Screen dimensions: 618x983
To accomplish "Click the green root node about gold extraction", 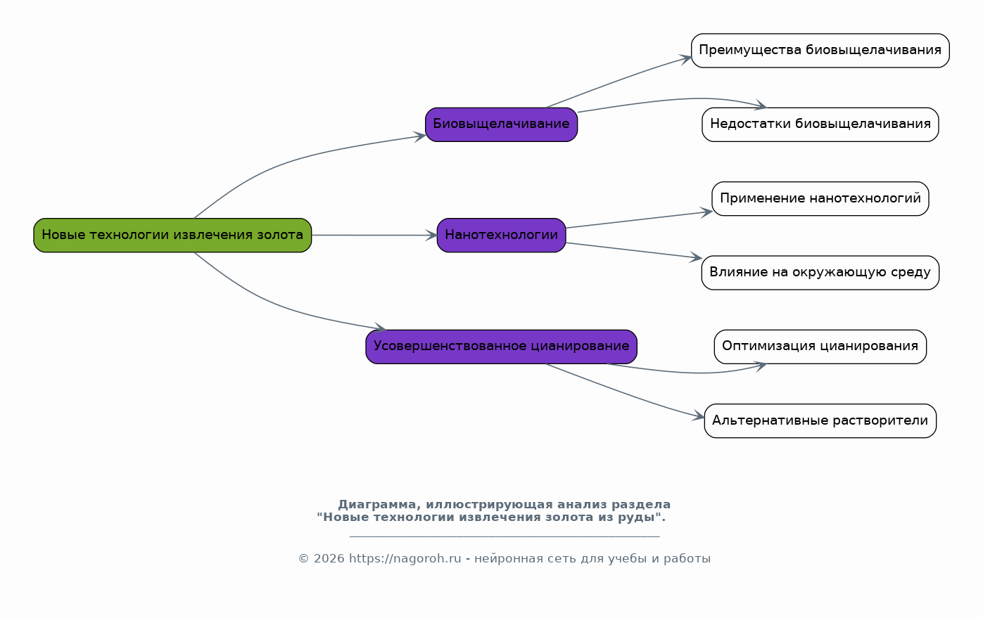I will click(172, 235).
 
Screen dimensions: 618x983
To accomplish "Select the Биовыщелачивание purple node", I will click(501, 124).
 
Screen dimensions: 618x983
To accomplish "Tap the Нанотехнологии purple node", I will click(501, 235).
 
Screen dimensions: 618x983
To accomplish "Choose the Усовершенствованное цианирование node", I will click(501, 346).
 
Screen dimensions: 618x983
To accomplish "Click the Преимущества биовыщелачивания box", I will click(820, 51).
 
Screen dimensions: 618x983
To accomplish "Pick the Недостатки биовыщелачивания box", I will click(820, 124).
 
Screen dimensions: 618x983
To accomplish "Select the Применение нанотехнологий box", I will click(820, 198).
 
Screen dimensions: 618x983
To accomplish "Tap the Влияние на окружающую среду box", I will click(820, 272).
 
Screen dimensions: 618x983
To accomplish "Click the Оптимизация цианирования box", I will click(820, 346).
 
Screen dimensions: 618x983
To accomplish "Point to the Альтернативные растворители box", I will click(820, 420).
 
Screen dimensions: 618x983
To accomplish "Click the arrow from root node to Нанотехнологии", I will click(373, 235).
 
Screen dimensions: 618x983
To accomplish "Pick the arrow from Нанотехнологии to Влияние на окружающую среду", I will click(633, 250).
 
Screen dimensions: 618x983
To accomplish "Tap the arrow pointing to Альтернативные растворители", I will click(626, 393).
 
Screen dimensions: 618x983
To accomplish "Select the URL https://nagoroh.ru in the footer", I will click(405, 559).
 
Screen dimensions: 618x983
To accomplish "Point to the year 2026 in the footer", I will click(329, 559).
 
